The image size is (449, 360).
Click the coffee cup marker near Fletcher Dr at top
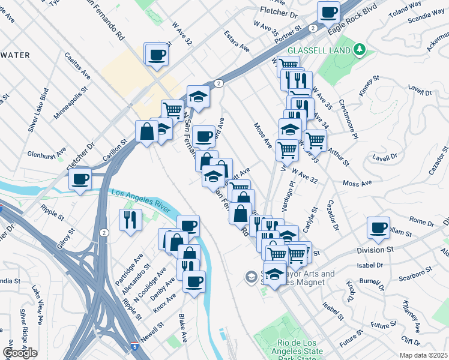(328, 12)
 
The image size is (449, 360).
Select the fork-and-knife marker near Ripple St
(130, 220)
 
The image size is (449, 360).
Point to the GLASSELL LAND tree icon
(359, 49)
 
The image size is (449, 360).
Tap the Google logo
(20, 352)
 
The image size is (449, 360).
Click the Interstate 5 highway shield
(135, 346)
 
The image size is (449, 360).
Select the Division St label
(373, 249)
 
